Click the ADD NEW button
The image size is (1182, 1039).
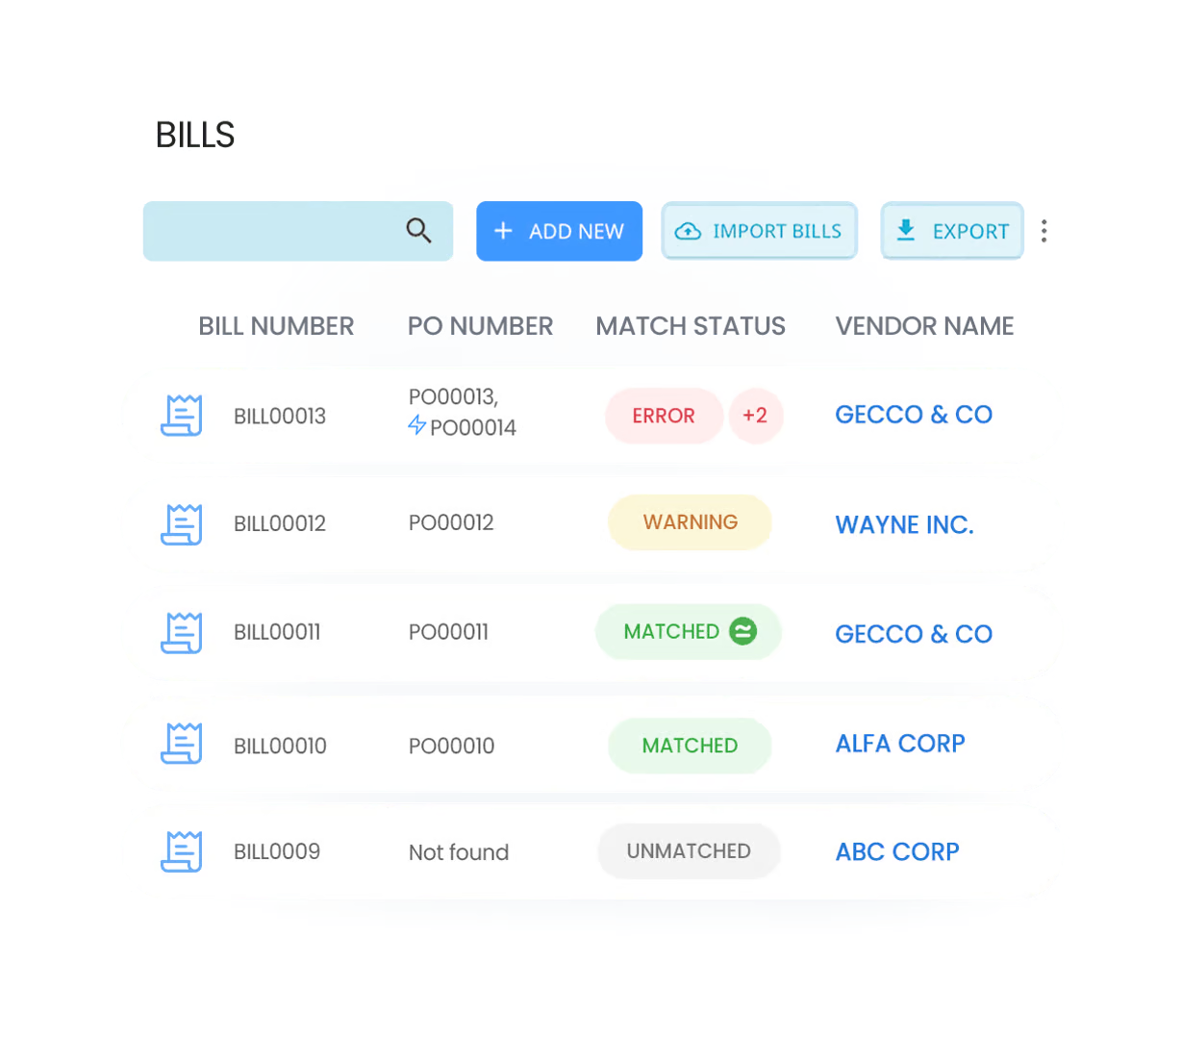coord(559,231)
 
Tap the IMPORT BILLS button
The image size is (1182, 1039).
coord(759,231)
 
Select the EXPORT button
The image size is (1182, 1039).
coord(951,231)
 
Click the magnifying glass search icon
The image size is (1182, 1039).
coord(418,231)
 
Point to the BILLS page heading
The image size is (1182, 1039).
coord(195,133)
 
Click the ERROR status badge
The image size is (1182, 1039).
coord(664,416)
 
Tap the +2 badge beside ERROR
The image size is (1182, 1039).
coord(755,416)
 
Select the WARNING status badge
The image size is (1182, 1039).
coord(690,522)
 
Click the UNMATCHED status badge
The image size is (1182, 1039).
coord(689,851)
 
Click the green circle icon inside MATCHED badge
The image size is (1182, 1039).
coord(742,631)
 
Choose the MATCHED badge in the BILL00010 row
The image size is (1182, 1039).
coord(690,746)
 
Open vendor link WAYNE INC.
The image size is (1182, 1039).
coord(904,525)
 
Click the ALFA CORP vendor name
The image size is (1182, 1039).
coord(900,744)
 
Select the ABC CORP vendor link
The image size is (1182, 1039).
coord(897,852)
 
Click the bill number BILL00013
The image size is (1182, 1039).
coord(280,417)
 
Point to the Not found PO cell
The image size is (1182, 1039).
coord(459,852)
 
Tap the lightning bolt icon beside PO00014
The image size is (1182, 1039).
coord(416,425)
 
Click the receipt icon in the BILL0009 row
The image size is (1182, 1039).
coord(181,851)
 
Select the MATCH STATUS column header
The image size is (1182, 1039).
coord(690,326)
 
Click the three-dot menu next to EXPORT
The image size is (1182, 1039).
coord(1045,231)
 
